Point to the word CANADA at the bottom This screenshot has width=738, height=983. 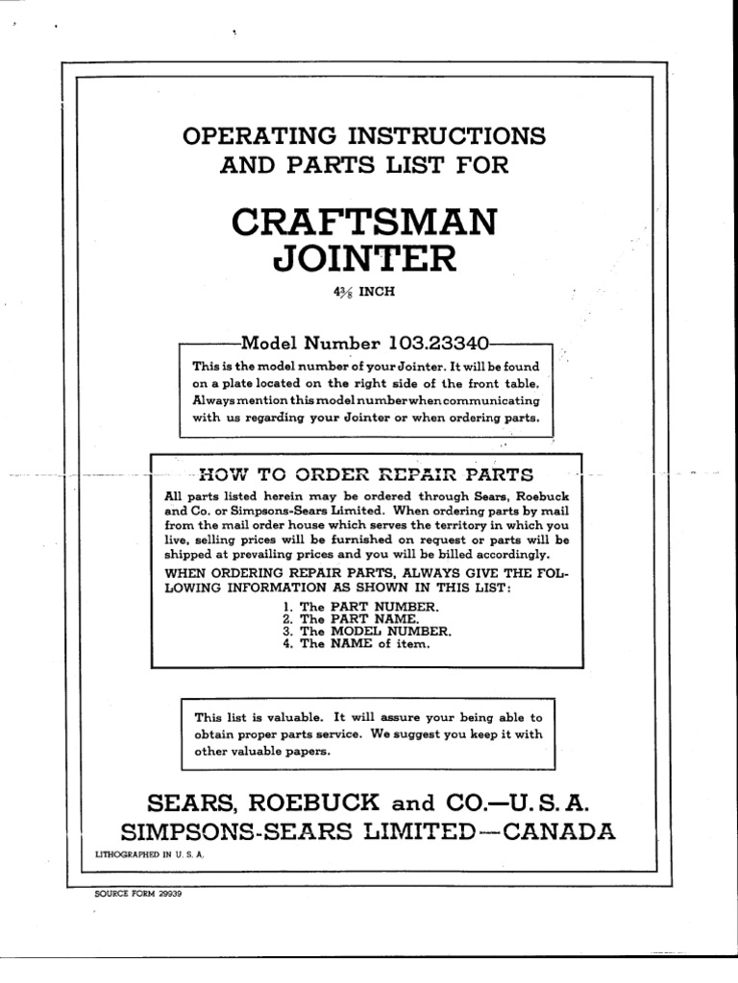[561, 831]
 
